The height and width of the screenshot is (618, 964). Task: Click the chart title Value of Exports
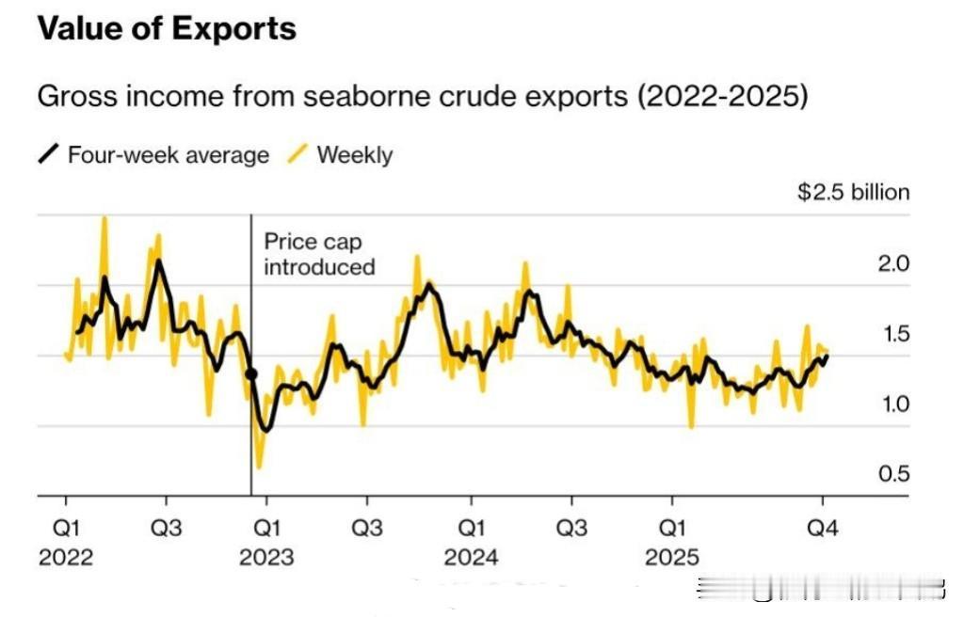pyautogui.click(x=167, y=28)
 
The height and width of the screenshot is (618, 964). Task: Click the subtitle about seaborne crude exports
pyautogui.click(x=422, y=96)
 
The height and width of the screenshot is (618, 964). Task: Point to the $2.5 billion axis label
pyautogui.click(x=853, y=193)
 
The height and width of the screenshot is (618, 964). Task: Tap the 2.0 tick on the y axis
pyautogui.click(x=893, y=264)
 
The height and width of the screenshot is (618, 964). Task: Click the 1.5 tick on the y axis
pyautogui.click(x=893, y=334)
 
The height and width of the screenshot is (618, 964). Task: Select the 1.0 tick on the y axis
pyautogui.click(x=893, y=404)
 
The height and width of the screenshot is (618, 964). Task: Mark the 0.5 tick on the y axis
pyautogui.click(x=893, y=474)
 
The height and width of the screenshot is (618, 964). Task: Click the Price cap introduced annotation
pyautogui.click(x=318, y=255)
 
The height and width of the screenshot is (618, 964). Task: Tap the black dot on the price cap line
pyautogui.click(x=251, y=374)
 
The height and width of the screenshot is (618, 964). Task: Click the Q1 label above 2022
pyautogui.click(x=66, y=528)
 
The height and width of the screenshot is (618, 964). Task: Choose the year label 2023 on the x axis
pyautogui.click(x=267, y=558)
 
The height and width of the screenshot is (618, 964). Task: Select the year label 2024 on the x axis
pyautogui.click(x=471, y=558)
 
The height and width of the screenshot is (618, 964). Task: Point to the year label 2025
pyautogui.click(x=672, y=558)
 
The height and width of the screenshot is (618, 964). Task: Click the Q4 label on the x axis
pyautogui.click(x=824, y=528)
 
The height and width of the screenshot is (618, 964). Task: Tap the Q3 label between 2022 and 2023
pyautogui.click(x=167, y=528)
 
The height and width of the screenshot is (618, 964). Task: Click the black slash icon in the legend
pyautogui.click(x=49, y=154)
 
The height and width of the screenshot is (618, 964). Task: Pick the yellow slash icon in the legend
pyautogui.click(x=298, y=154)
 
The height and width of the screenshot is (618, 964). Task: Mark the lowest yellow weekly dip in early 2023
pyautogui.click(x=259, y=465)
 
